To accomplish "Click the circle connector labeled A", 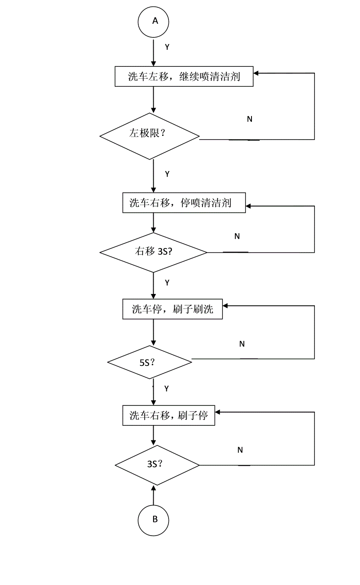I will coord(154,21).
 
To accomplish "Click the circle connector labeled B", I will coord(154,519).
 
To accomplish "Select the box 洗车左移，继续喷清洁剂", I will coord(184,77).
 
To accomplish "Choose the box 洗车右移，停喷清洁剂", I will coord(184,203).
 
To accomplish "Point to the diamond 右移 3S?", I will coord(153,252).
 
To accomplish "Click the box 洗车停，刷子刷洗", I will coord(172,309).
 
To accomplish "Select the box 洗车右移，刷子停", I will coord(169,415).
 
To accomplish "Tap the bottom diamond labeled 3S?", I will coord(157,465).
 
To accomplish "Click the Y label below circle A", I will coord(167,47).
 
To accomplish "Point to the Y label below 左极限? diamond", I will coord(167,174).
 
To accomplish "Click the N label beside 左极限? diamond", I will coord(249,119).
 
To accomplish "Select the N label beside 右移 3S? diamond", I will coord(237,236).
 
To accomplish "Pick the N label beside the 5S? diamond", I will coord(242,344).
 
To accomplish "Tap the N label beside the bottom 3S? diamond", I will coord(240,450).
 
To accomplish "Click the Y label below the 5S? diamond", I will coord(167,388).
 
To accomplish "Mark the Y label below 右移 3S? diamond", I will coord(167,283).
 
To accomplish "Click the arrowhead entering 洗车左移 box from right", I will coord(257,73).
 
